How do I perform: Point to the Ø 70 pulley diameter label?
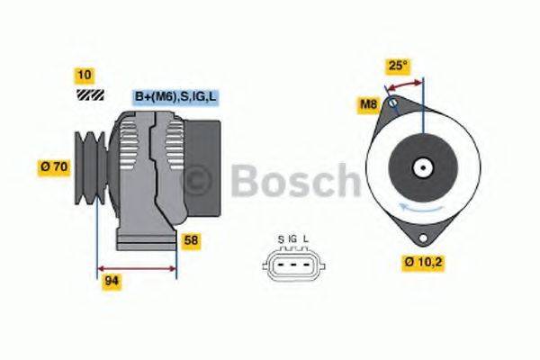[55, 166]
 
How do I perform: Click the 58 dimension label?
[192, 240]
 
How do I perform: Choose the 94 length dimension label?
[112, 281]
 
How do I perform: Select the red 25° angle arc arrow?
[404, 83]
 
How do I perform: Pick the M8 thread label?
[368, 106]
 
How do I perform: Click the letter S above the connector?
[281, 238]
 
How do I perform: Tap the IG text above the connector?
[292, 238]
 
